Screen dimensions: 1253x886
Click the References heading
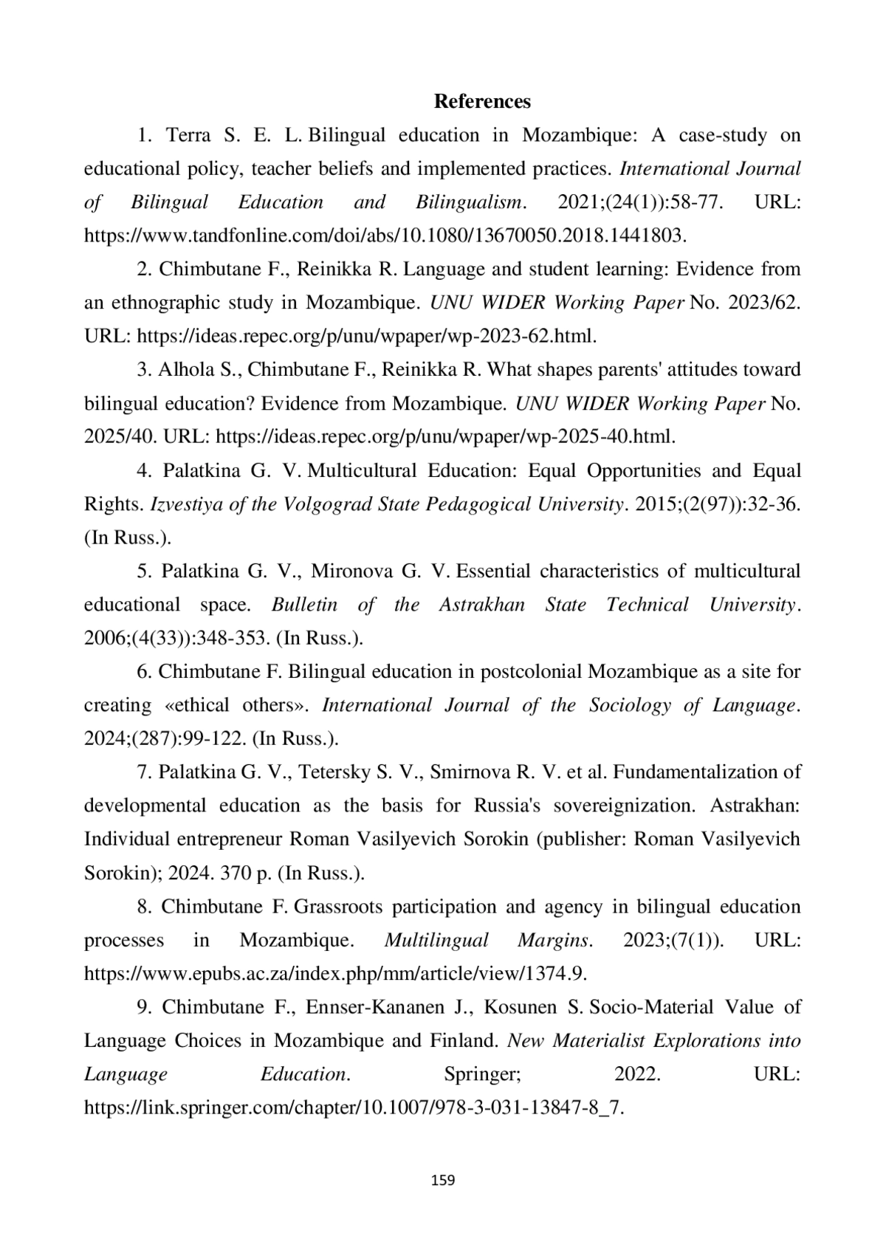coord(482,101)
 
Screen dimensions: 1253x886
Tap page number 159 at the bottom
coord(442,1180)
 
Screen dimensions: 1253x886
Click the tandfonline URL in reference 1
coord(385,236)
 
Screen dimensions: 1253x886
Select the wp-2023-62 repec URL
coord(366,336)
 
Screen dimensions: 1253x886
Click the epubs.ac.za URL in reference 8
coord(335,973)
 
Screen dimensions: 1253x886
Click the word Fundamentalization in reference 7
coord(696,772)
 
